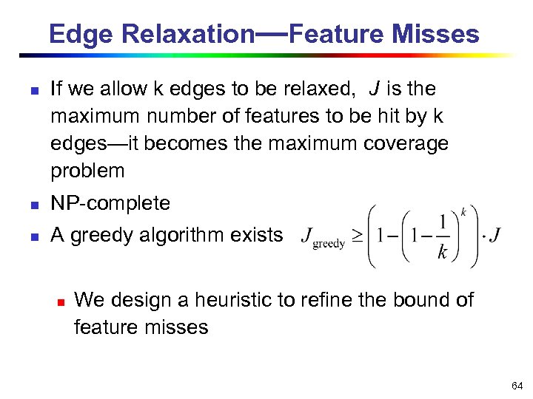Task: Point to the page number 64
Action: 517,386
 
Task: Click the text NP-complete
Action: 110,203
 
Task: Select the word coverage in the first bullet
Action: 406,143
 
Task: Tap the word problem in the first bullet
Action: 87,171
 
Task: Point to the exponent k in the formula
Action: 463,211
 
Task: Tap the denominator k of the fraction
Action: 442,253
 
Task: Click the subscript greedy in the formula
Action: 329,244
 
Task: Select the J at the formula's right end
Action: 495,236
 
